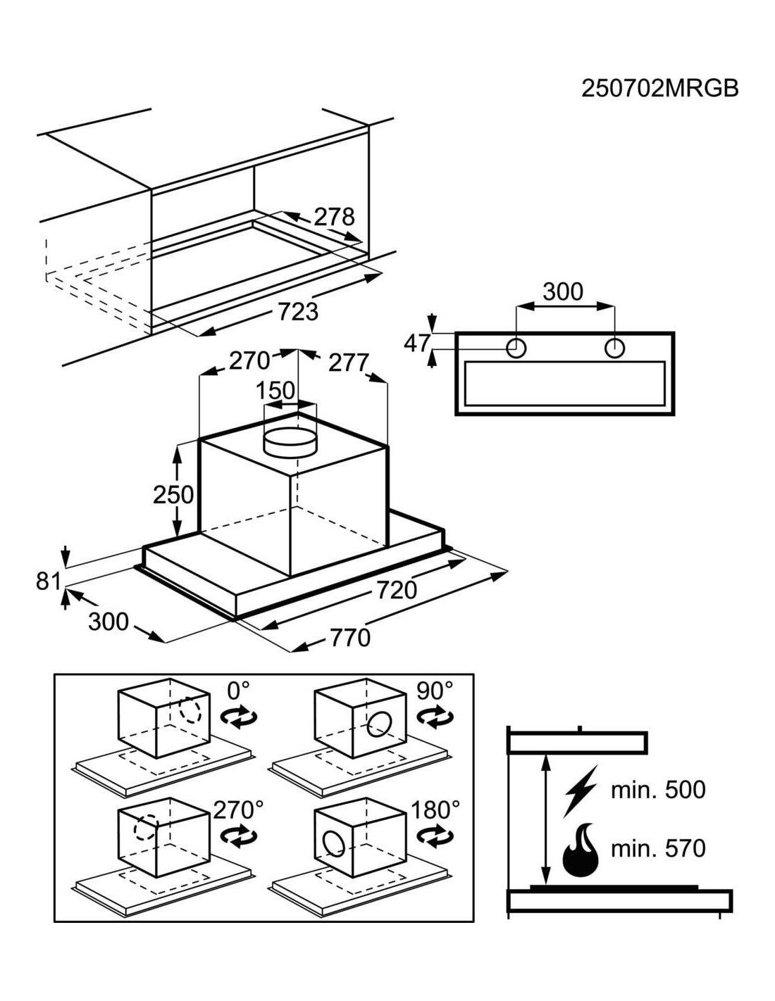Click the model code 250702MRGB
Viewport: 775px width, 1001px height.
[659, 88]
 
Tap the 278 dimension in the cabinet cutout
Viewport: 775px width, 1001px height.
[334, 217]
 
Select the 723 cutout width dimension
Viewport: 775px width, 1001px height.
[298, 311]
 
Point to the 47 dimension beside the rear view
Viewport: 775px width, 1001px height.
[417, 343]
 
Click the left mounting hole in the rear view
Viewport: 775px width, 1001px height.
[516, 348]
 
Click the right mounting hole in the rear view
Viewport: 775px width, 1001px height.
[614, 348]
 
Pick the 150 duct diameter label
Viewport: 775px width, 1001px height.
[275, 391]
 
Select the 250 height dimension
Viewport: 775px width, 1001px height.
[173, 495]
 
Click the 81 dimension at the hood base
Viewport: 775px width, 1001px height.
[49, 581]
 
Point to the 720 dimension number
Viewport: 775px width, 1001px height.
[397, 590]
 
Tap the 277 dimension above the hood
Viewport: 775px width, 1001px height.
[348, 364]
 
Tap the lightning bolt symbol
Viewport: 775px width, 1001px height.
[581, 791]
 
